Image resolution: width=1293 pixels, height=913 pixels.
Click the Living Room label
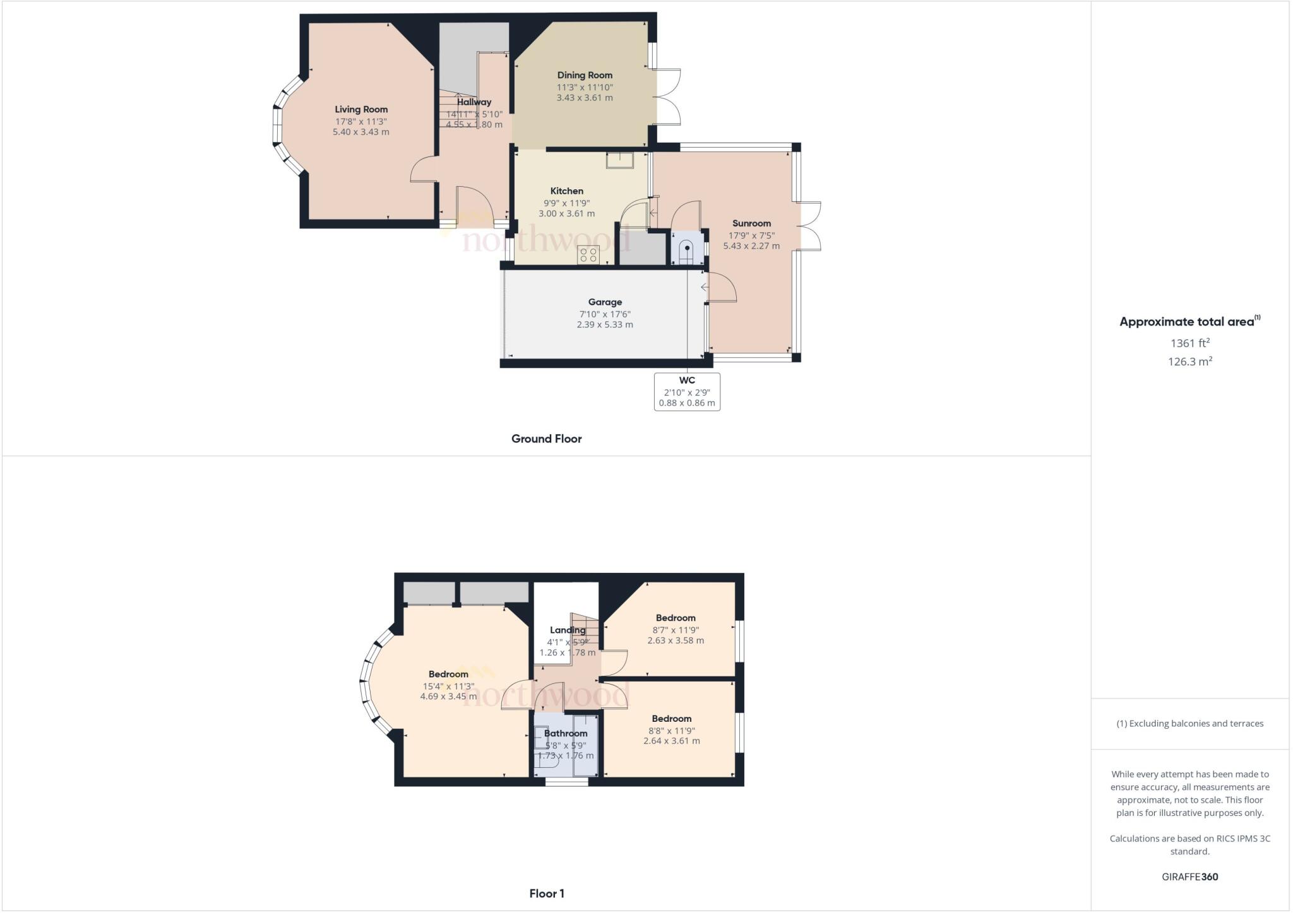coord(361,109)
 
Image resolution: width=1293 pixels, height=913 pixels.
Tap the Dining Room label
coord(585,75)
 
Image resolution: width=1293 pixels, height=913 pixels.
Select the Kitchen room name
coord(567,191)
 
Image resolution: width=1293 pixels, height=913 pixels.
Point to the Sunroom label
coord(751,223)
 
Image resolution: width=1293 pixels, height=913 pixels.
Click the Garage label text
coord(605,302)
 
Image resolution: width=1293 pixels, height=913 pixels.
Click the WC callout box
coord(687,391)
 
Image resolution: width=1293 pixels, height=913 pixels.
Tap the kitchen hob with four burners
coord(588,255)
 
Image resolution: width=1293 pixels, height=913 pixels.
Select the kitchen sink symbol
coord(619,160)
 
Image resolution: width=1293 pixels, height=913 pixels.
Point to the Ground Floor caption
coord(546,439)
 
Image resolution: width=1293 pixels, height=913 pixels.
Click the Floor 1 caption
coord(547,893)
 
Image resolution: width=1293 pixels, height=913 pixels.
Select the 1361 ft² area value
coord(1190,343)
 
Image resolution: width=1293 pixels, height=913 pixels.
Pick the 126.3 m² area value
coord(1190,362)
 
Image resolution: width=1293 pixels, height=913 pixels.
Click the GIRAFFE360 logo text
coord(1190,876)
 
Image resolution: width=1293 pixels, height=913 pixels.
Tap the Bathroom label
coord(566,733)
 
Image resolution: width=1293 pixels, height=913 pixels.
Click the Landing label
coord(568,630)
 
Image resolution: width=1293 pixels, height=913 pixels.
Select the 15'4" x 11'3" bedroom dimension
coord(448,686)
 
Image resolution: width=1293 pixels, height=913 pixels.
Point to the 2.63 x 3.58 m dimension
coord(676,640)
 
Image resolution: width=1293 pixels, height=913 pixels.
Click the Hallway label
coord(474,102)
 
